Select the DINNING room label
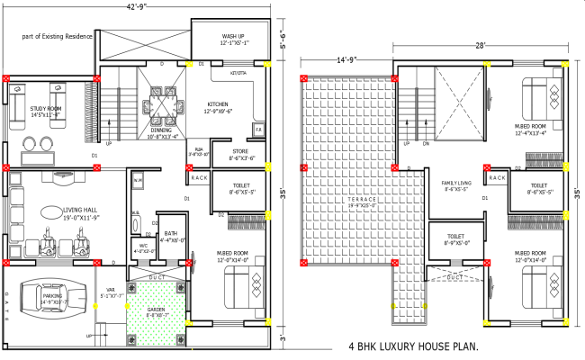coord(164,131)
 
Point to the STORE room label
coord(242,154)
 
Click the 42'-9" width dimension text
coord(138,7)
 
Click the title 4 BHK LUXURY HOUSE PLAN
coord(413,346)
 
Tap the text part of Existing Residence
coord(58,37)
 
